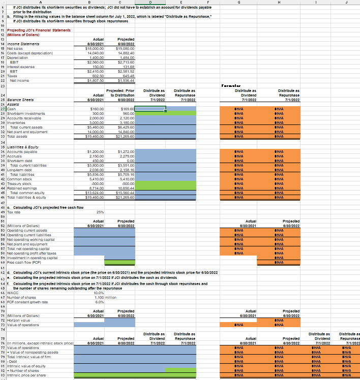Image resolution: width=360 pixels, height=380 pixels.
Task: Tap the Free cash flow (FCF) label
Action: click(23, 262)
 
